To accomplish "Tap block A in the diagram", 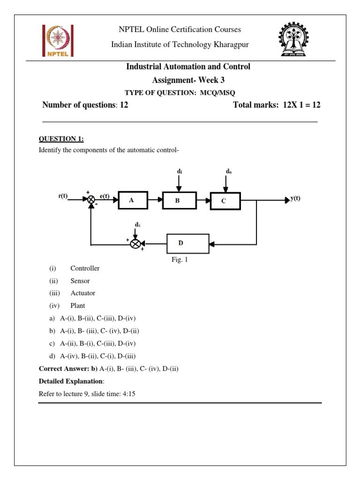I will click(x=133, y=200).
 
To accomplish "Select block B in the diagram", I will click(x=178, y=201).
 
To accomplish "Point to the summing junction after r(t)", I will click(x=90, y=200).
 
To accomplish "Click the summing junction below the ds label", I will click(x=135, y=244).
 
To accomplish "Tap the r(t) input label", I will click(x=63, y=196).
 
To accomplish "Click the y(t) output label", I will click(x=295, y=198).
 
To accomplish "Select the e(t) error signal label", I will click(x=105, y=196).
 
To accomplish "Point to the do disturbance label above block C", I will click(x=228, y=172).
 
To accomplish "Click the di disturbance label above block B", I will click(x=180, y=172).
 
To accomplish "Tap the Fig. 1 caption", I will click(x=180, y=260).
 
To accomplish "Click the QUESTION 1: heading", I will click(x=61, y=138).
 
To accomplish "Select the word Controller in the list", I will click(x=85, y=269).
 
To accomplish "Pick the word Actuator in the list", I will click(x=82, y=293).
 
